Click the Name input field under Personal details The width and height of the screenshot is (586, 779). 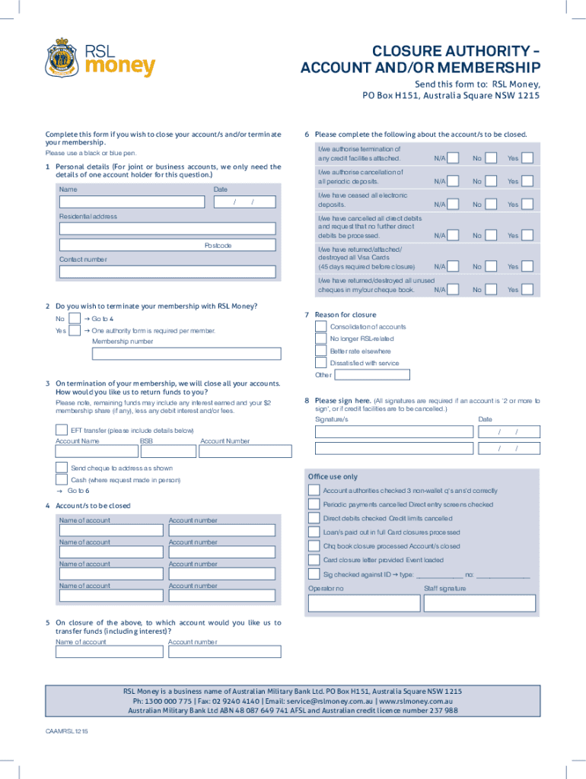pos(132,202)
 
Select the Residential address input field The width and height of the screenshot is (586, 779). pos(167,228)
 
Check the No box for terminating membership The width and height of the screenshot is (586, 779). pos(75,319)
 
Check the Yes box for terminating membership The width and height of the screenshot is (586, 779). pos(75,331)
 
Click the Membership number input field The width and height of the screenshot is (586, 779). pos(186,354)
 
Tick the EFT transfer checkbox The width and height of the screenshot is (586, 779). pos(62,430)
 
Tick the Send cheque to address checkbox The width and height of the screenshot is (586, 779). pos(62,467)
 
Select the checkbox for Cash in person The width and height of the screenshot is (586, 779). pos(62,480)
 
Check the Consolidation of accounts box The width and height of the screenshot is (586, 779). pos(321,326)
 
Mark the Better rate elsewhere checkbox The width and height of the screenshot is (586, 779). pos(321,351)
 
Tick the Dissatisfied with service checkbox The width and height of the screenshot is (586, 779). pos(321,363)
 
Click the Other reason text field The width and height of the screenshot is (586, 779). pos(373,374)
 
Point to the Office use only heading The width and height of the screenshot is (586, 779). pos(333,477)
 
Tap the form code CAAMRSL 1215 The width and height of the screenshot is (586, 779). pos(67,730)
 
